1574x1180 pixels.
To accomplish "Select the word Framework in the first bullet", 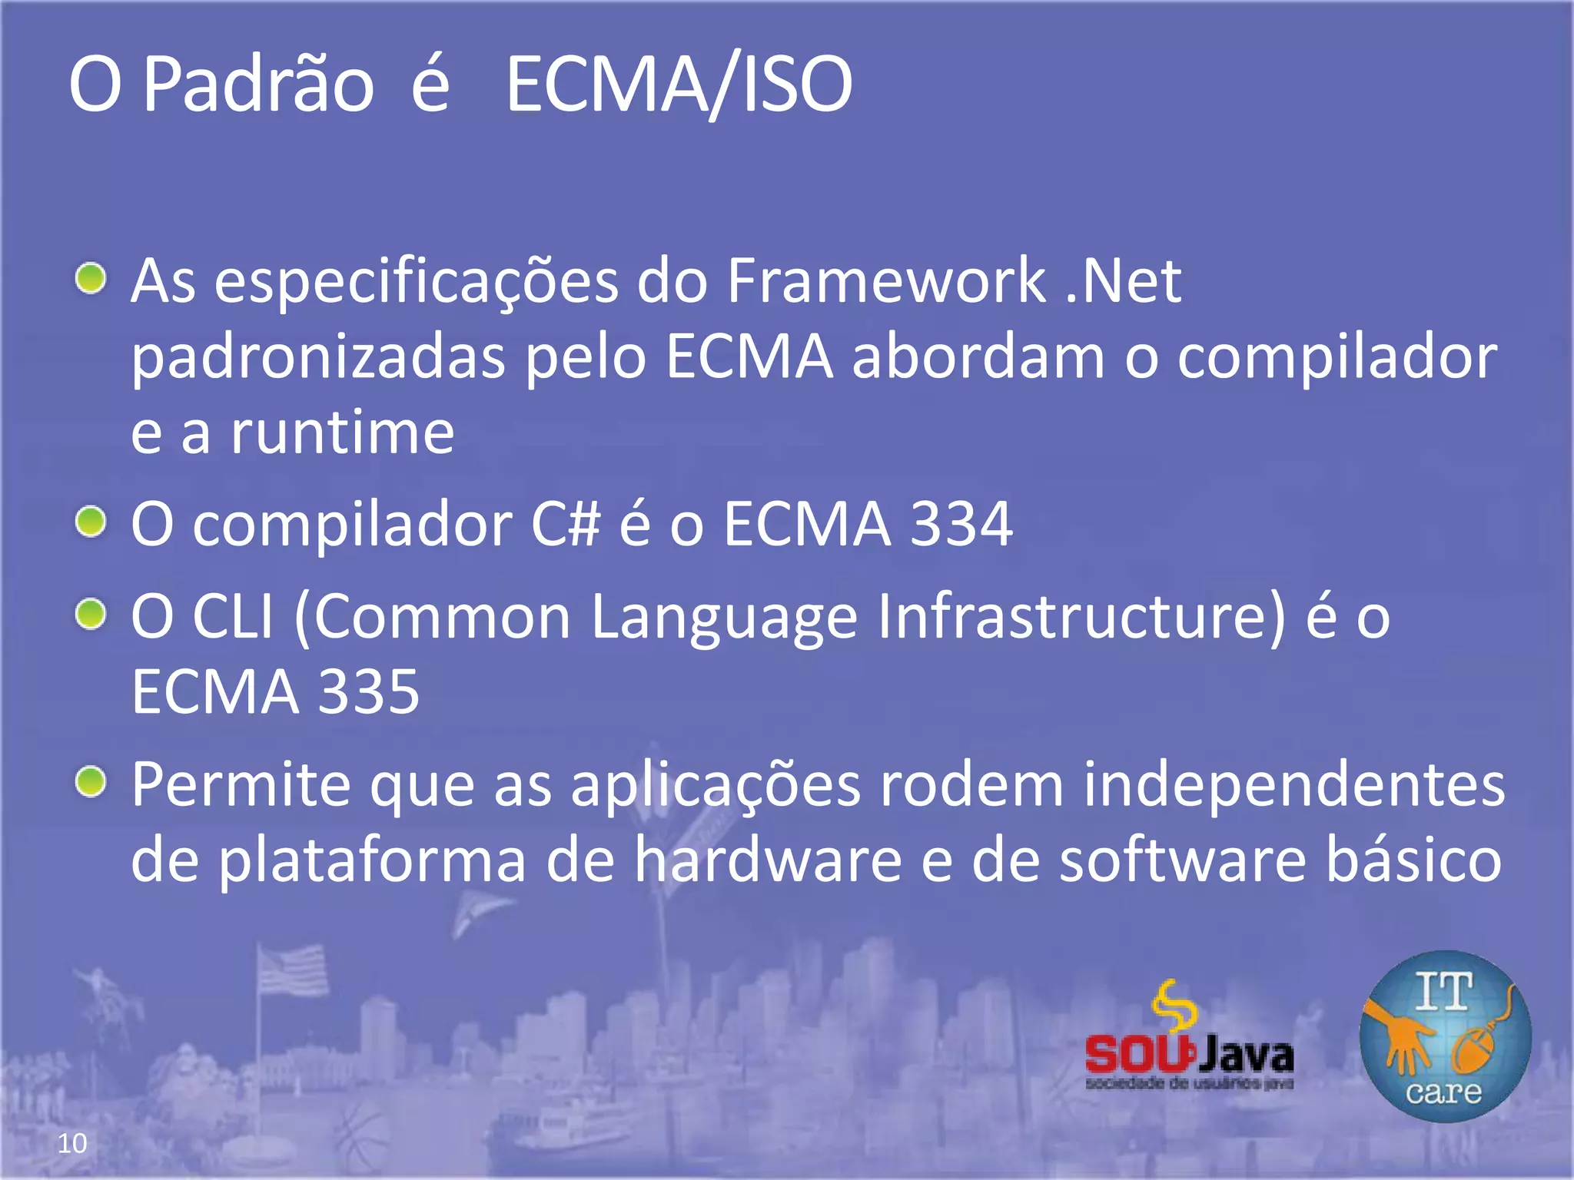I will click(886, 281).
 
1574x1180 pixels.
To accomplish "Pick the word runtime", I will click(343, 433).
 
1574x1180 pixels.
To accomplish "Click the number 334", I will click(961, 525).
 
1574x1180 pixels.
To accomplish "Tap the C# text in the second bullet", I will click(565, 525).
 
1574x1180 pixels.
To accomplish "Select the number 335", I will click(369, 691).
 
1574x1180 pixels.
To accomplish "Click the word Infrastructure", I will click(1081, 616).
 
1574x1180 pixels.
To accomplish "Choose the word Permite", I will click(241, 784).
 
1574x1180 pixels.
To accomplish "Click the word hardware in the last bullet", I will click(768, 860).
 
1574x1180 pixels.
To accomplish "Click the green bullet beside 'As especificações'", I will click(91, 278).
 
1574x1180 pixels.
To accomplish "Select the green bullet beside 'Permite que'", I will click(91, 782).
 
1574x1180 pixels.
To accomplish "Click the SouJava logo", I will click(1189, 1037).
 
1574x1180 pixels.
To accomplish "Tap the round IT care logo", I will click(1445, 1036).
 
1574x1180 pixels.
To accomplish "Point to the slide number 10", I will click(72, 1143).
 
